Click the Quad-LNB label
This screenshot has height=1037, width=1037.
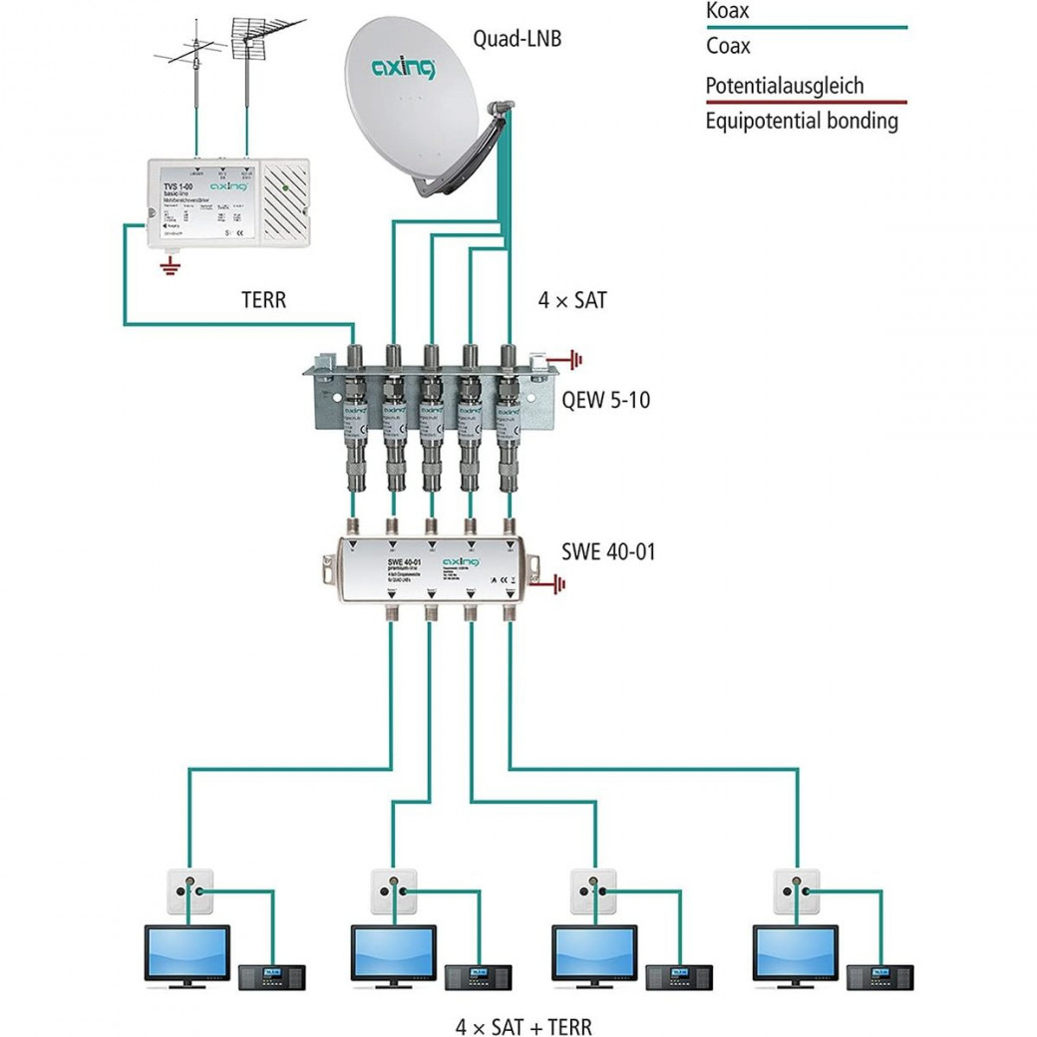click(x=516, y=40)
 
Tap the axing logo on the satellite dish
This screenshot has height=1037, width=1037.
click(x=403, y=69)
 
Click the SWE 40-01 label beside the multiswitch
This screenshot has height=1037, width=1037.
click(x=608, y=550)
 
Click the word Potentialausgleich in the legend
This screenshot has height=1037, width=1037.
click(x=784, y=86)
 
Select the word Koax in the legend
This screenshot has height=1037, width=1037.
click(x=727, y=12)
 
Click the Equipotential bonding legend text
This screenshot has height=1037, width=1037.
click(x=802, y=122)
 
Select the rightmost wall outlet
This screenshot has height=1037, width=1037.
click(x=797, y=890)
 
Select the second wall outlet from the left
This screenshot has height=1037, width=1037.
click(x=393, y=890)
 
